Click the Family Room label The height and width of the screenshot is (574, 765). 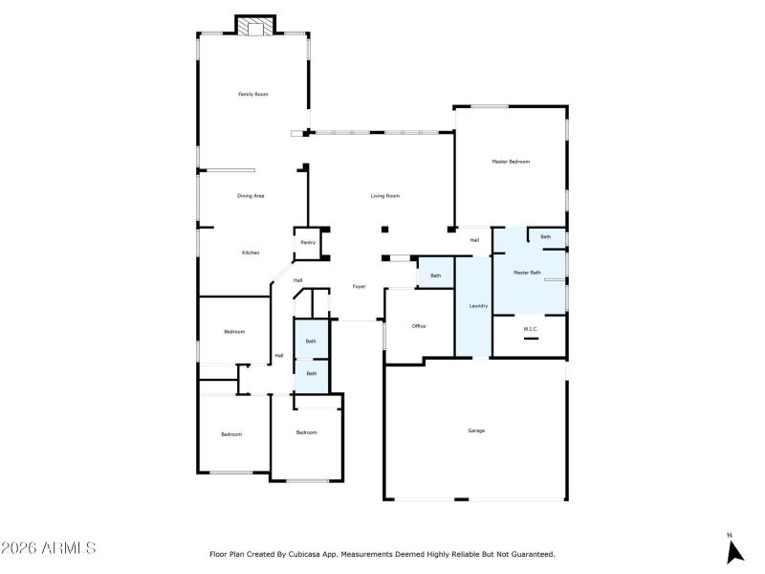252,94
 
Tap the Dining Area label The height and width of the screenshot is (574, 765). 251,195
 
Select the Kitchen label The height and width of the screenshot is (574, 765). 250,253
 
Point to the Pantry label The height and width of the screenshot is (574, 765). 308,243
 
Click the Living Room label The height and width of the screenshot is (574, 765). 385,195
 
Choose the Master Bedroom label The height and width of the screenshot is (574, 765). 511,162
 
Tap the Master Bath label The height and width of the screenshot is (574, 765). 527,273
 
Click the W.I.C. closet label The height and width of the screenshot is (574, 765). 531,329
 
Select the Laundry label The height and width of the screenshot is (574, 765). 478,306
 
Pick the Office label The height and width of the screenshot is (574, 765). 419,326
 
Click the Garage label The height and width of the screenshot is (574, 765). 476,430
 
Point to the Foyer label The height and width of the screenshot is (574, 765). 360,286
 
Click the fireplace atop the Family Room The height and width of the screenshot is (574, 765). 255,27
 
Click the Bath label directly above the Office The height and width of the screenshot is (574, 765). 436,276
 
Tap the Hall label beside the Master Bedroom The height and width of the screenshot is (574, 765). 474,240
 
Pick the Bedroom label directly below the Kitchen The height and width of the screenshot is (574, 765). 234,332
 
